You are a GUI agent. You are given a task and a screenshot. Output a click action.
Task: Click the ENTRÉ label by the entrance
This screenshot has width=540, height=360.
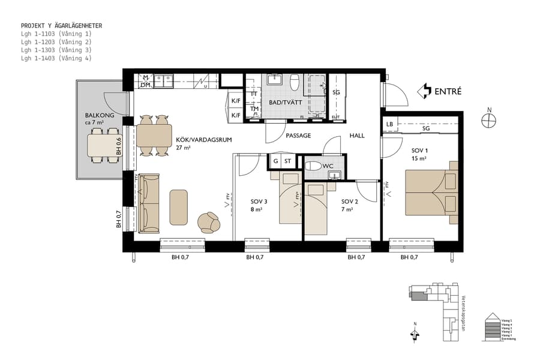pos(448,92)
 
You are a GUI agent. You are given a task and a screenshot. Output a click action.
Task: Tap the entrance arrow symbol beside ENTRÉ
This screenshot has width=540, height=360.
pos(424,91)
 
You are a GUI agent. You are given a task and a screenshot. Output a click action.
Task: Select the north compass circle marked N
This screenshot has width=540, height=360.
pos(489,120)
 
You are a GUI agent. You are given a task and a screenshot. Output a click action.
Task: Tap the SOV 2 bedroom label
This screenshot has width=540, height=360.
pos(349,202)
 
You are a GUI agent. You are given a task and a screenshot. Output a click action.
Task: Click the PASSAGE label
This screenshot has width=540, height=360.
pos(298,136)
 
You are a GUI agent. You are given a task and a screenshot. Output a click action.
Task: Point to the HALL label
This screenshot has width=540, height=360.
pos(357,136)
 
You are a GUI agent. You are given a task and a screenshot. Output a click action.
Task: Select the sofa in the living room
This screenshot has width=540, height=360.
pos(149,203)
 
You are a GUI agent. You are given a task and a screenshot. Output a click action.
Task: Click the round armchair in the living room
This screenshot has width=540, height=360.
pos(209,222)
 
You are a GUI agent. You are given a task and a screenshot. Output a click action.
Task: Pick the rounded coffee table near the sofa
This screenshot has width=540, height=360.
pos(179,207)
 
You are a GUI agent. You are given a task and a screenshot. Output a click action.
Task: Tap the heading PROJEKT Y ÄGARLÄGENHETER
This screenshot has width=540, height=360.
pos(61,26)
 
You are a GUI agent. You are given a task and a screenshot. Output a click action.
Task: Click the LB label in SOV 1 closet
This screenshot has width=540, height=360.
pos(389,125)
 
